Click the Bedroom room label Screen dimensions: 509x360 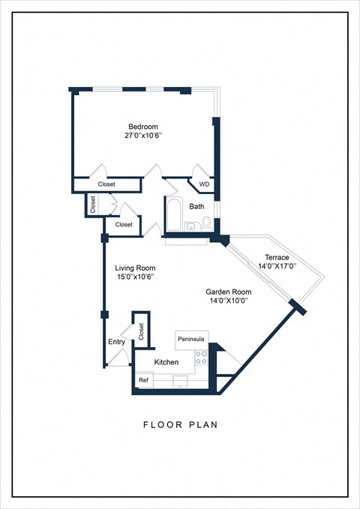click(143, 127)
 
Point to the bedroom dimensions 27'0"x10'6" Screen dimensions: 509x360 click(143, 136)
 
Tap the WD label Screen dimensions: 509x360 click(204, 184)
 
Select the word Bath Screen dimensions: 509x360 click(196, 206)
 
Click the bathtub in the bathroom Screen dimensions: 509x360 click(172, 216)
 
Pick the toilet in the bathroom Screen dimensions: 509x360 click(206, 223)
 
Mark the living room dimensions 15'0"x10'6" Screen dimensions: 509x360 click(135, 277)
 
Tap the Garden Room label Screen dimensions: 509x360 click(229, 292)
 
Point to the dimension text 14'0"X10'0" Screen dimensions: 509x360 click(229, 301)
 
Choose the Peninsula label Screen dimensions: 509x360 click(190, 340)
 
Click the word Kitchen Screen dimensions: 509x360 click(166, 362)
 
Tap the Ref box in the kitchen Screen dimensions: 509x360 click(143, 381)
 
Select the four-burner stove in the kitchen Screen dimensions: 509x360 click(200, 358)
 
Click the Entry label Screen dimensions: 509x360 click(116, 343)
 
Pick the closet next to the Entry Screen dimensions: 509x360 click(140, 329)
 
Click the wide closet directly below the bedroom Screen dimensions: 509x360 click(106, 184)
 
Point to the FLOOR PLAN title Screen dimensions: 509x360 click(180, 425)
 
